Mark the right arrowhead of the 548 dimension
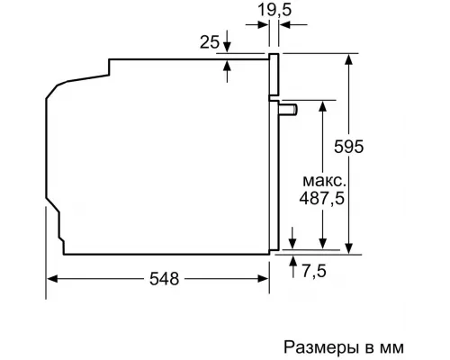pyautogui.click(x=267, y=279)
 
